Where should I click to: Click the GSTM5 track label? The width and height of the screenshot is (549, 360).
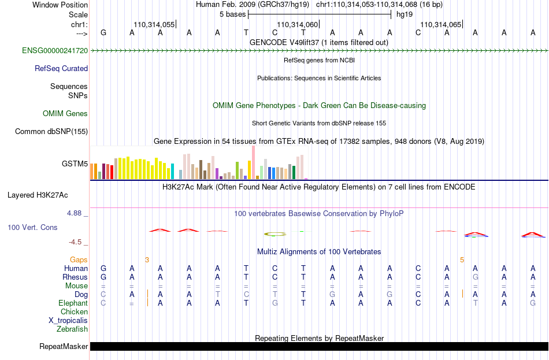click(75, 164)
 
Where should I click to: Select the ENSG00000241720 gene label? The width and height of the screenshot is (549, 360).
click(55, 50)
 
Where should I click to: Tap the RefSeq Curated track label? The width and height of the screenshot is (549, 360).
click(61, 68)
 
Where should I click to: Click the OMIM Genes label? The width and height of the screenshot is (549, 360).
click(65, 113)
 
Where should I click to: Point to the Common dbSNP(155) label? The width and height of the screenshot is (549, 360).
click(51, 131)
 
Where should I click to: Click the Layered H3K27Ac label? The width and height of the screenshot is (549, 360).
click(38, 195)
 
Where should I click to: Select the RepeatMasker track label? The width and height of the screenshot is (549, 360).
click(64, 346)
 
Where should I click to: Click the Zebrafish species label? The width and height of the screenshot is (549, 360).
click(72, 329)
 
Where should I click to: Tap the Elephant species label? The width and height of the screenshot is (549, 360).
click(73, 303)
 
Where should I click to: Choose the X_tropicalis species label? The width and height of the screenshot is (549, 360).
click(68, 321)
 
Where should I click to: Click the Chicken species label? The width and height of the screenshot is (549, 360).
click(74, 311)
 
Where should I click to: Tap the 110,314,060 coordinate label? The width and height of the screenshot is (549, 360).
click(297, 24)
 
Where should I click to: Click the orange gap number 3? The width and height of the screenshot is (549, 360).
click(147, 259)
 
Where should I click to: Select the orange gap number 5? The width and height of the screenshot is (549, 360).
click(462, 259)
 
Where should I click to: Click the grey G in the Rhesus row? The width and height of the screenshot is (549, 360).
click(475, 277)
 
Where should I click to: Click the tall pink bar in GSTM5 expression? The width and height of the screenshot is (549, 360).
click(253, 162)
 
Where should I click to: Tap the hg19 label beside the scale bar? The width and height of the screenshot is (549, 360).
click(405, 14)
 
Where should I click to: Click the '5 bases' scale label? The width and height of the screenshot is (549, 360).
click(233, 14)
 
